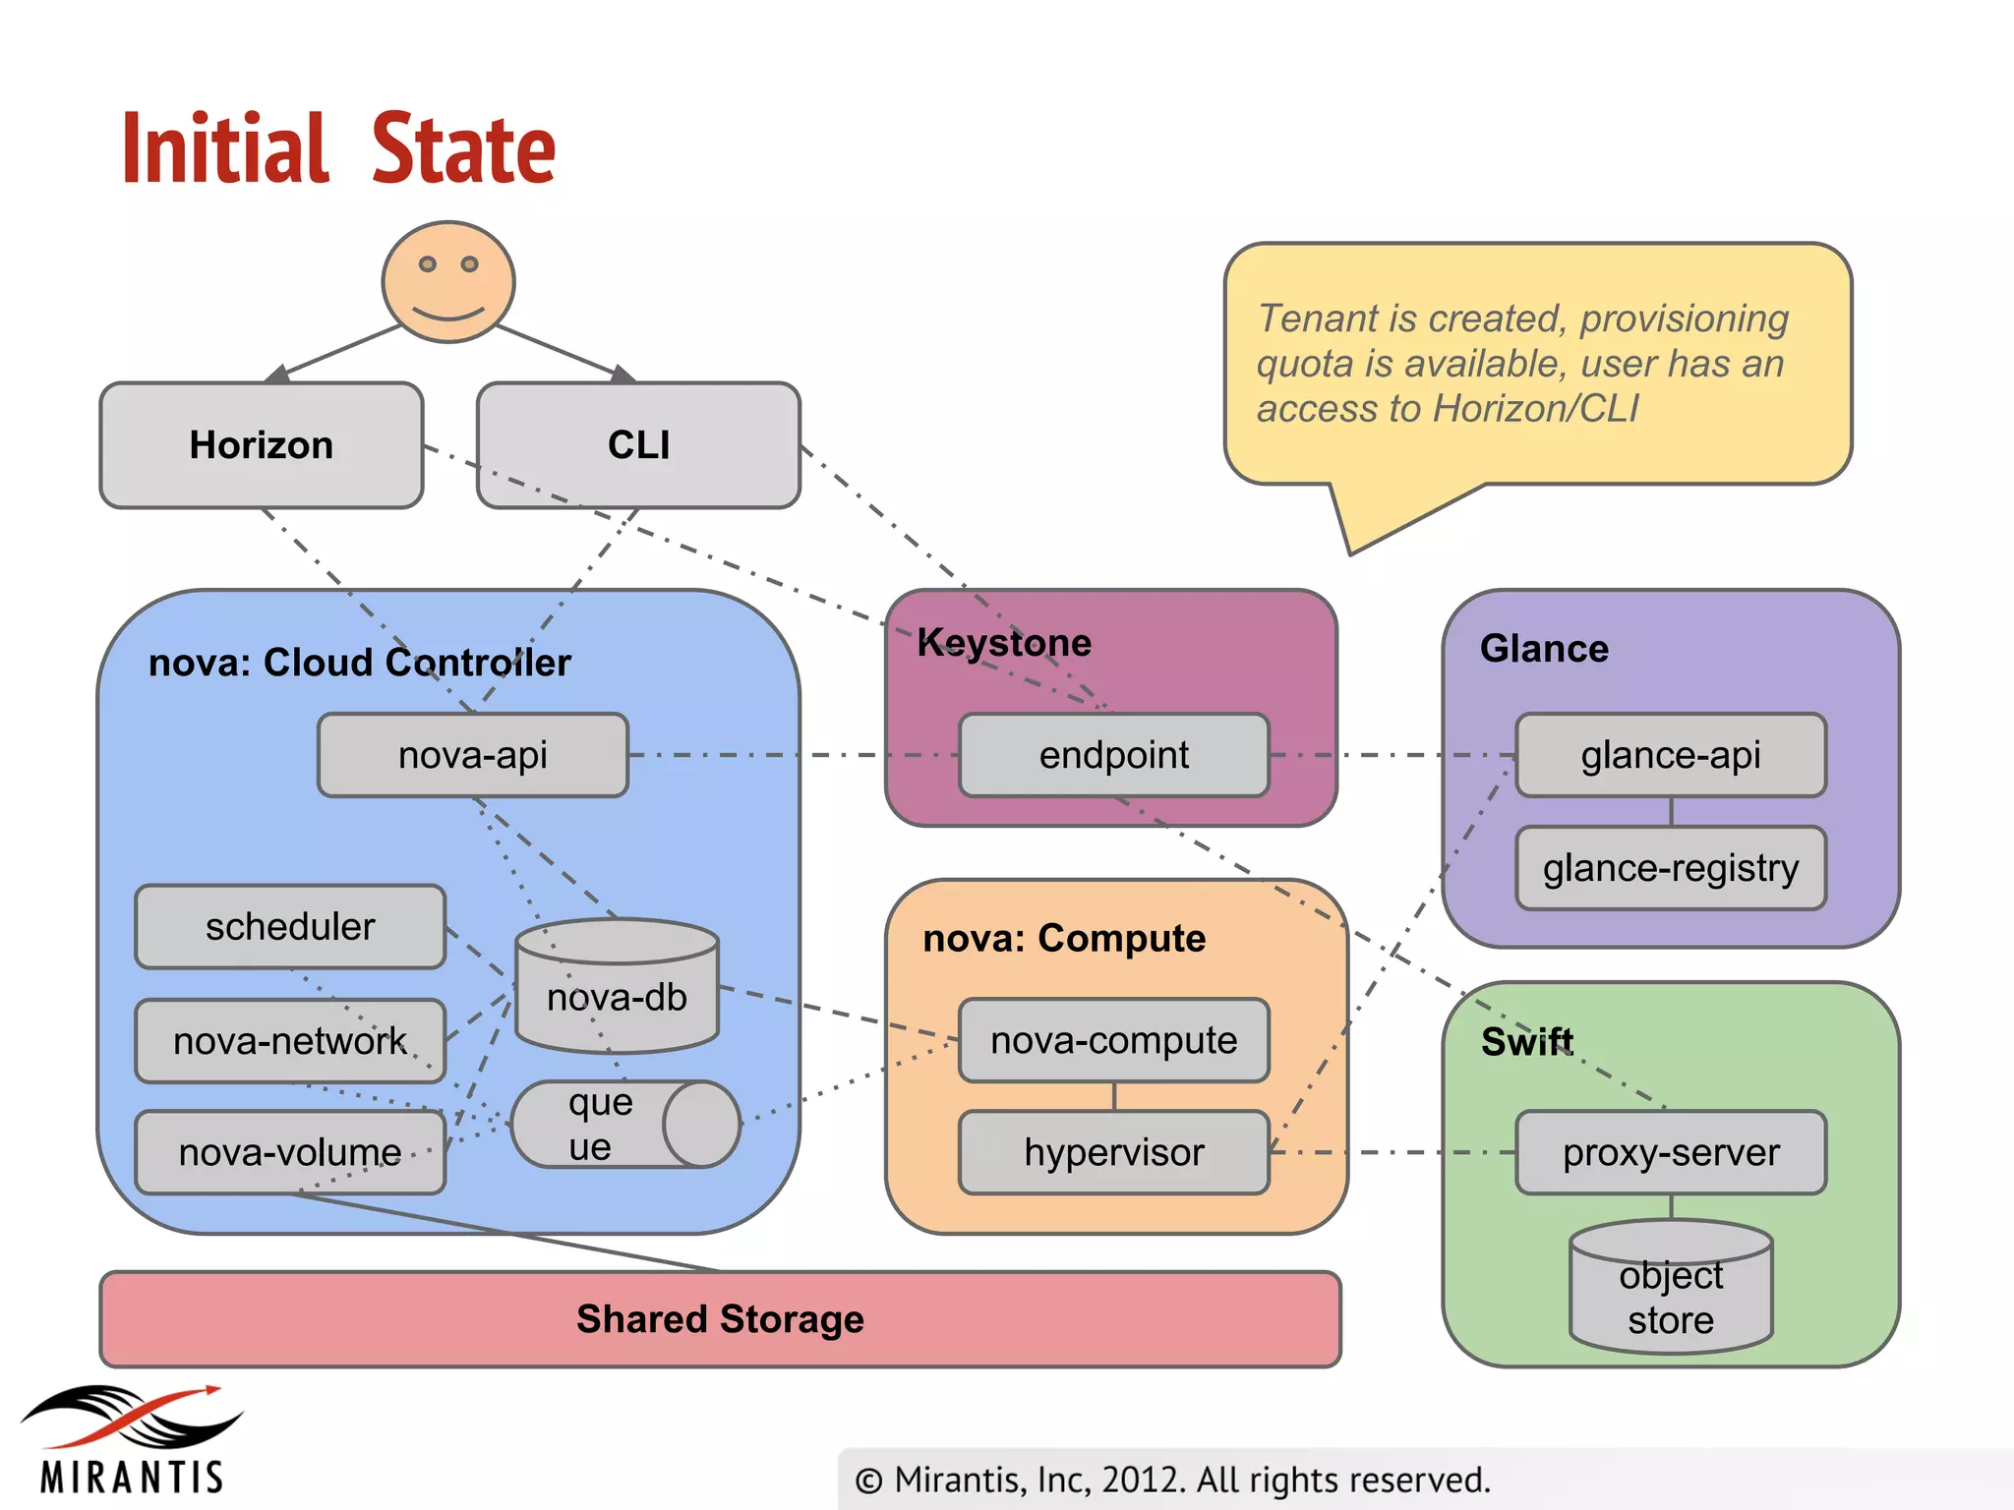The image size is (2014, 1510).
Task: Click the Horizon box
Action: (262, 445)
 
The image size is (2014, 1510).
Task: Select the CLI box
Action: (638, 445)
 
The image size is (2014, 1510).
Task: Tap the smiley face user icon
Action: (448, 282)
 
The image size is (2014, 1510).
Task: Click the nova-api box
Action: (473, 755)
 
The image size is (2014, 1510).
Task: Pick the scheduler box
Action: (290, 927)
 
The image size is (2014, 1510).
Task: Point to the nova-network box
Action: (290, 1041)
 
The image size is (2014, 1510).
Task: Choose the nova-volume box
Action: (290, 1152)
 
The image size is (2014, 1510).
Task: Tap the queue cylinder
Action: (624, 1125)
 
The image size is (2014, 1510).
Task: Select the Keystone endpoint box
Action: (1114, 755)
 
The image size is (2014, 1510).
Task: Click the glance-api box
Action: (1671, 755)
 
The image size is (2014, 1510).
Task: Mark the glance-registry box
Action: (1671, 868)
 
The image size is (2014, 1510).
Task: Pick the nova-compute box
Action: (1114, 1040)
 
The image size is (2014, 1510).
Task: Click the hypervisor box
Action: (1114, 1152)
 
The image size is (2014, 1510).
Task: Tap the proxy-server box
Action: (1671, 1152)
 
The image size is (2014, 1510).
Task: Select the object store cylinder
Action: (1671, 1290)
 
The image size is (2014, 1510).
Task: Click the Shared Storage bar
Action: (720, 1319)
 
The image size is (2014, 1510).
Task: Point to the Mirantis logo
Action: (133, 1440)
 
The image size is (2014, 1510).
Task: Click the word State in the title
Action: (464, 149)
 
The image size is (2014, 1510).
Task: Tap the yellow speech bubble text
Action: (1522, 364)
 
